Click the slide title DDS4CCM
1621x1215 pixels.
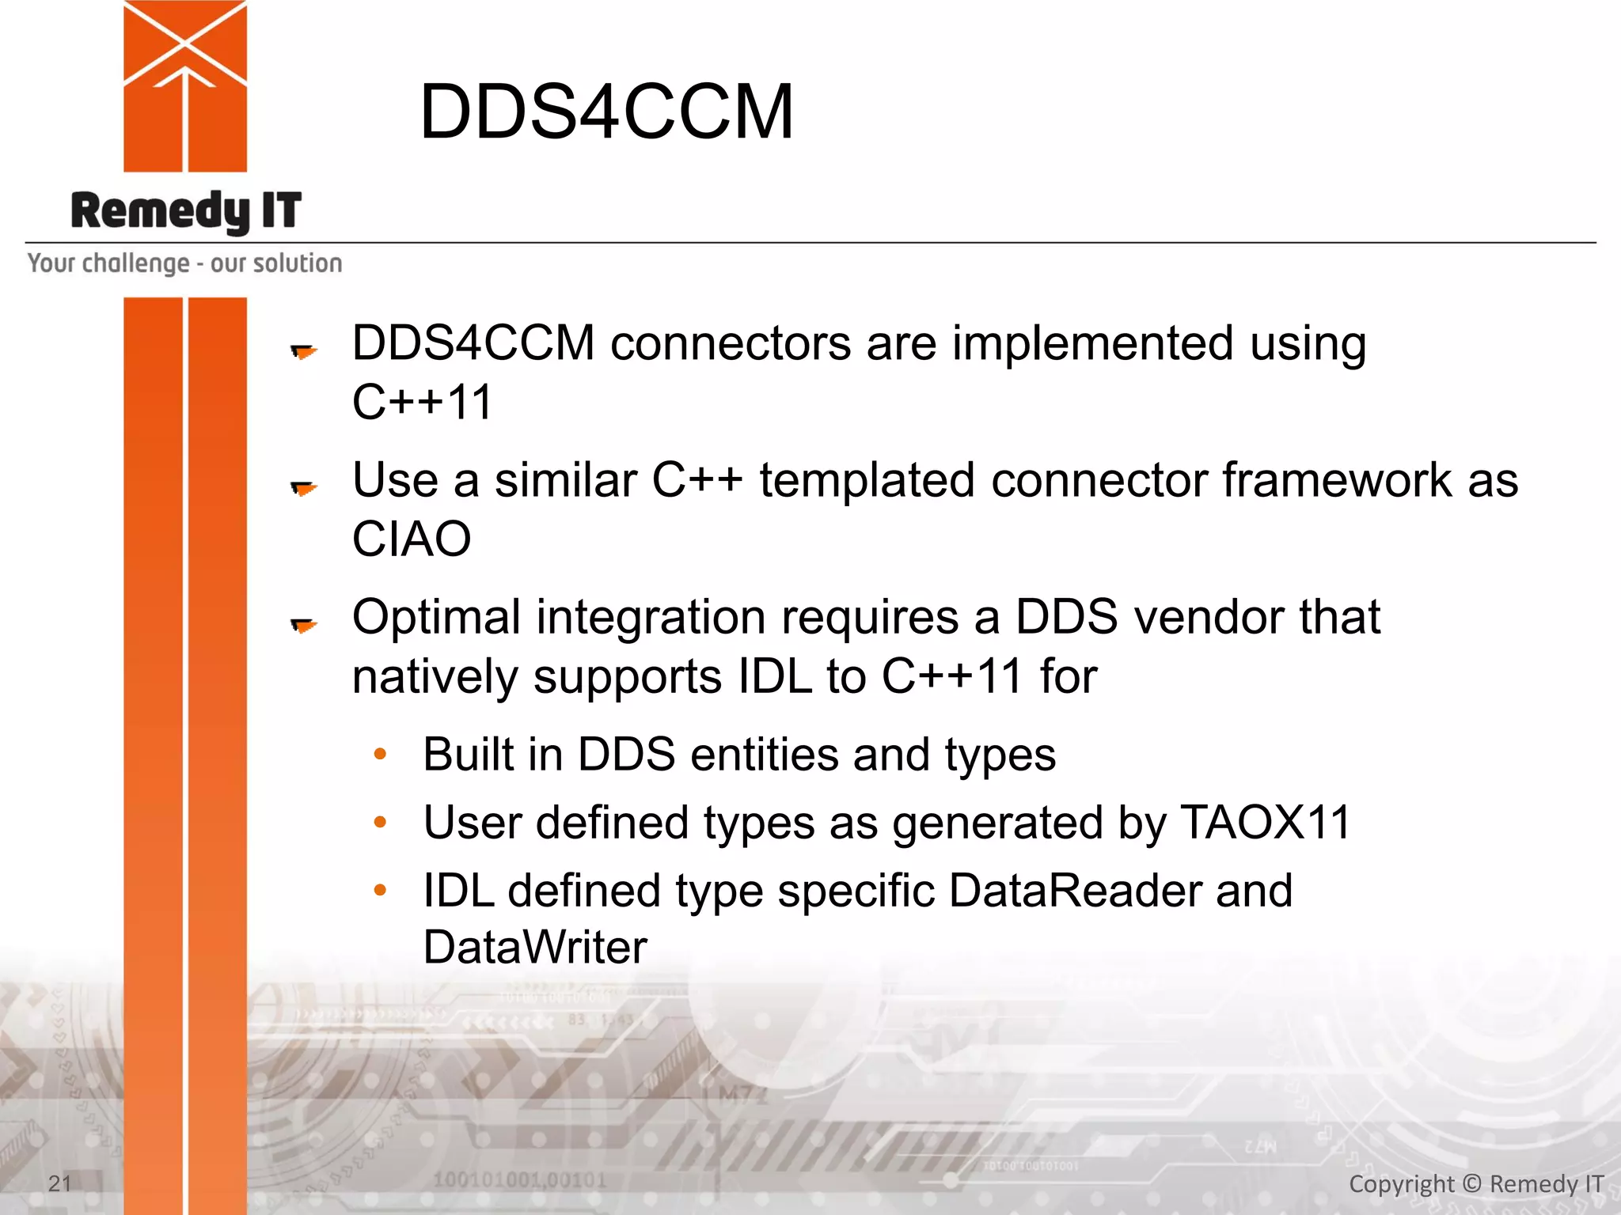point(606,112)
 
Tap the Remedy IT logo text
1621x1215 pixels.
point(186,211)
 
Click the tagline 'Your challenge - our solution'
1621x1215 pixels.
point(184,263)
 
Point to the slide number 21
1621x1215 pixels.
point(60,1183)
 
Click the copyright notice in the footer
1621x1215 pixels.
point(1475,1184)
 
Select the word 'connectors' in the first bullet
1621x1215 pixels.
point(731,344)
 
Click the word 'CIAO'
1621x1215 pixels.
point(412,539)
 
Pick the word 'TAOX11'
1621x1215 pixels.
point(1265,823)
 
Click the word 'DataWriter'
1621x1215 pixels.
point(535,948)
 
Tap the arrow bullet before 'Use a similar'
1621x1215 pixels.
point(303,488)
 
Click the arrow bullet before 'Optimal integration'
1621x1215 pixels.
point(303,626)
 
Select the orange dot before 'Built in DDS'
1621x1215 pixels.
point(380,754)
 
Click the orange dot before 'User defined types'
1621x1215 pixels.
point(380,823)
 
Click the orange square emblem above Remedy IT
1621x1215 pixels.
point(185,85)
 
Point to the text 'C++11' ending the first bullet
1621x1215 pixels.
point(423,403)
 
